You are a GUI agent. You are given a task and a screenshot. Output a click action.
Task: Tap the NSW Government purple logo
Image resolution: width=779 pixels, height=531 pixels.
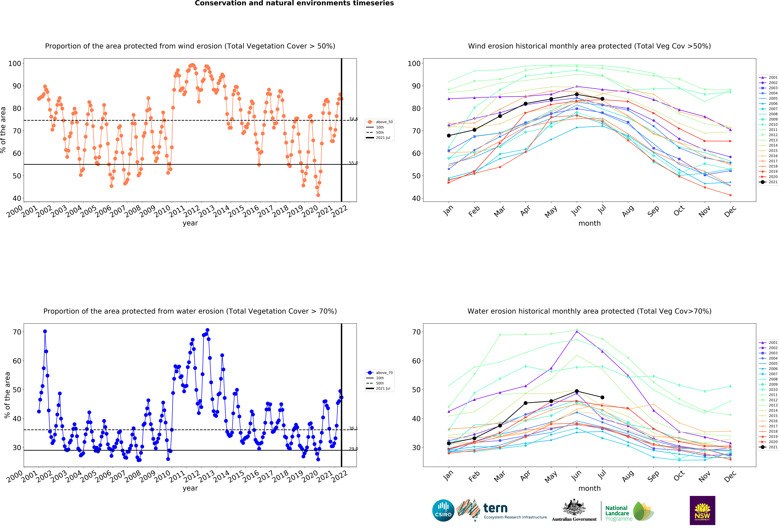tap(702, 510)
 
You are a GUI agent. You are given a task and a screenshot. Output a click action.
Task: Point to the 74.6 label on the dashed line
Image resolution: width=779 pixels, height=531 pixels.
tap(353, 119)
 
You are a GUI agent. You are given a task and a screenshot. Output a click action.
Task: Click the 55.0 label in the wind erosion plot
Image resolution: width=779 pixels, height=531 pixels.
tap(353, 163)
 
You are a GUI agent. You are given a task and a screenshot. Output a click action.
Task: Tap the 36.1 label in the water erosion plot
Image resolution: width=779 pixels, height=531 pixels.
tap(353, 428)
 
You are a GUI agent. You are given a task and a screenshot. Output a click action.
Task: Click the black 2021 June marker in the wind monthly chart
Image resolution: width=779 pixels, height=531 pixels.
tap(577, 94)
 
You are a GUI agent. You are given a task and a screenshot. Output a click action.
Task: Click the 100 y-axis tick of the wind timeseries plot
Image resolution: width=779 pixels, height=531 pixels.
tap(15, 63)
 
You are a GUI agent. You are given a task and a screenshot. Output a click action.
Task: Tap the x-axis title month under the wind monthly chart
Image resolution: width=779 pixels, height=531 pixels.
tap(589, 223)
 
